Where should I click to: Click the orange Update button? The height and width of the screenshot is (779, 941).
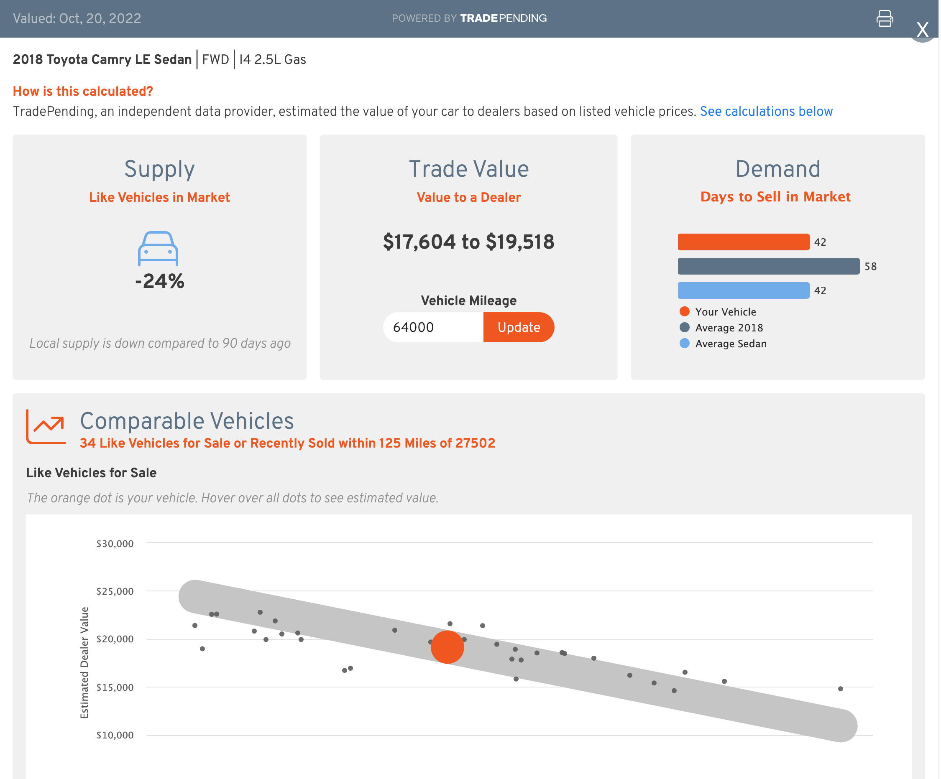click(519, 327)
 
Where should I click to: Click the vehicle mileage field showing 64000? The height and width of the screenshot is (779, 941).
click(432, 327)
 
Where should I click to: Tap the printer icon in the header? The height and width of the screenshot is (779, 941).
click(884, 18)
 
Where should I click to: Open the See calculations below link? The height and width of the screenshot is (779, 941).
click(766, 112)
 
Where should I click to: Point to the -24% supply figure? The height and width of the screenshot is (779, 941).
click(159, 281)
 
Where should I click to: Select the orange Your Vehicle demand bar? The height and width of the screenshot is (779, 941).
click(744, 242)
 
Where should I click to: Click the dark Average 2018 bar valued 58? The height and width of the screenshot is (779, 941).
click(769, 266)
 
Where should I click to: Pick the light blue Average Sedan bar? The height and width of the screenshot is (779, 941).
click(744, 290)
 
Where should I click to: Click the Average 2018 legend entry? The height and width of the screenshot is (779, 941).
click(729, 328)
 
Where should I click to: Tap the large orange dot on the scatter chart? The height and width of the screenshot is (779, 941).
click(447, 647)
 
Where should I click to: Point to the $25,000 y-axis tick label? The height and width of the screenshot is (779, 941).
click(115, 591)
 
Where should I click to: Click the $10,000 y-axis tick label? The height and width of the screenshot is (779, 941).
click(115, 735)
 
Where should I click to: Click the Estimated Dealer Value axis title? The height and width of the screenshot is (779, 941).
click(84, 662)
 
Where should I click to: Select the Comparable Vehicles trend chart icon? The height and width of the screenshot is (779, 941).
click(46, 426)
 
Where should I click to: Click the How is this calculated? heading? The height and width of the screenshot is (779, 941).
click(83, 92)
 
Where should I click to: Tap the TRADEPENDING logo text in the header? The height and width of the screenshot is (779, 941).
click(503, 18)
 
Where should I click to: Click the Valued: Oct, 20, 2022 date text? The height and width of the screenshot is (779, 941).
click(77, 18)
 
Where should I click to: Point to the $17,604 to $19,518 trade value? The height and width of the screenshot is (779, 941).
click(468, 242)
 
